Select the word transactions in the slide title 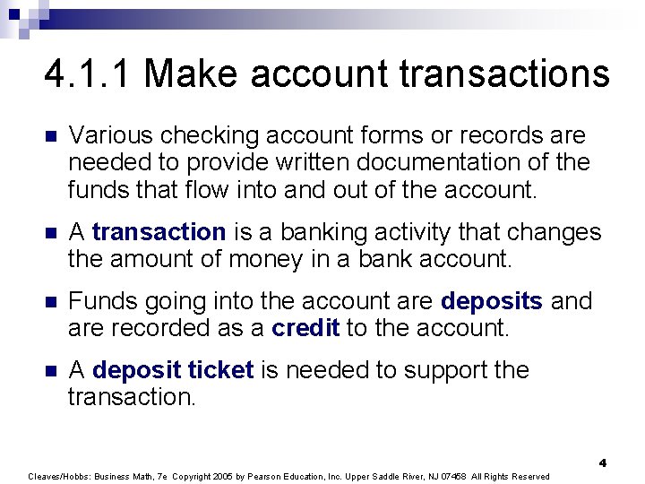click(x=504, y=73)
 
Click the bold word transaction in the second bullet click(x=159, y=232)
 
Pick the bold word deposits click(x=492, y=301)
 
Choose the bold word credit click(x=305, y=328)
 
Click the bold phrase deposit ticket click(x=173, y=370)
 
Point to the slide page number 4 click(x=603, y=462)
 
